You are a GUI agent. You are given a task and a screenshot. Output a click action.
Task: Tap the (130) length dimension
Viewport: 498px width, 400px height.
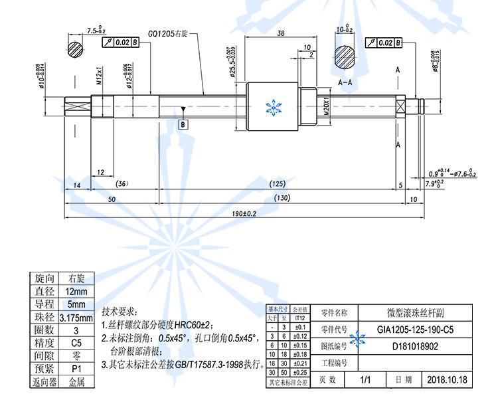coord(282,197)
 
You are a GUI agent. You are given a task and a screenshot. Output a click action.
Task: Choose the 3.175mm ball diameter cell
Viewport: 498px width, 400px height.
coord(75,318)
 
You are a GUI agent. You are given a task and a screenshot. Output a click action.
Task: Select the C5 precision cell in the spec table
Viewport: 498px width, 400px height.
coord(75,343)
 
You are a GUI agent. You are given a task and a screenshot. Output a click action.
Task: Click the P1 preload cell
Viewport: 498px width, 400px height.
coord(75,368)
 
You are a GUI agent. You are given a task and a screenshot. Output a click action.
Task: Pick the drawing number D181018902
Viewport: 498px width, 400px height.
coord(415,346)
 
